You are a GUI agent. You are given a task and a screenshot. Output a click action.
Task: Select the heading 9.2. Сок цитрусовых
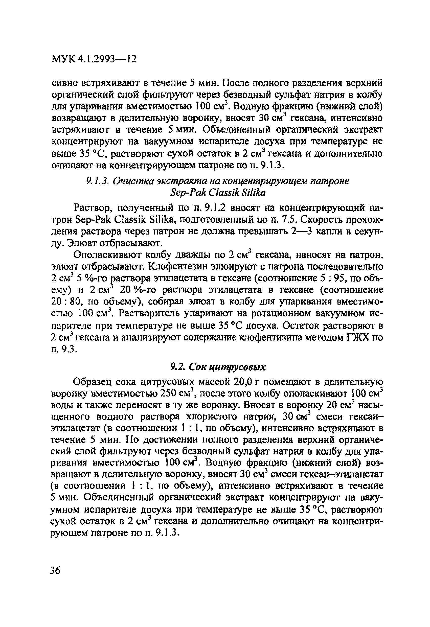coord(218,367)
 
